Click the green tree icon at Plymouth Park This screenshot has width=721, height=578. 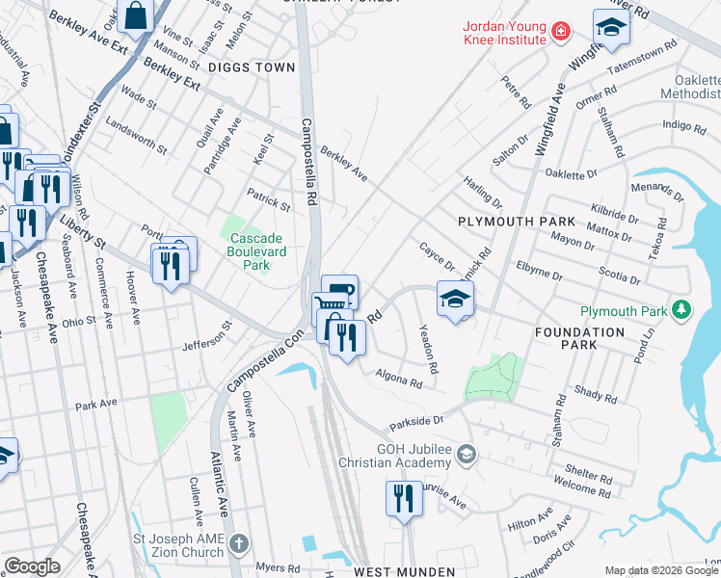[681, 310]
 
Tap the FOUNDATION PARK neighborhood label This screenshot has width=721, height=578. [580, 338]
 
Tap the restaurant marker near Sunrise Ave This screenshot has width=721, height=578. [403, 499]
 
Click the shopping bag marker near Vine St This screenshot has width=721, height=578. [136, 16]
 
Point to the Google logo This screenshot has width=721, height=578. [32, 566]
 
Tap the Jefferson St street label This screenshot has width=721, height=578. [208, 338]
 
